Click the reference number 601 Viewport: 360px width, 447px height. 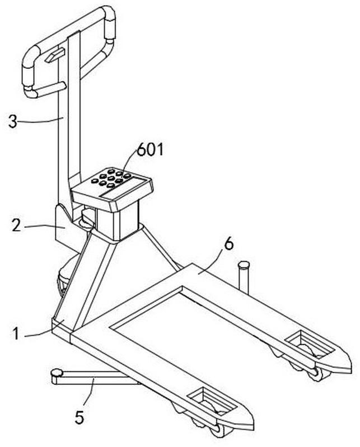[x=151, y=149]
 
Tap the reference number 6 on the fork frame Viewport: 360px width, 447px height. [x=229, y=244]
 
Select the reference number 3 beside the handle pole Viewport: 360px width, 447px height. [x=12, y=121]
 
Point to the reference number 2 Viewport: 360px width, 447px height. [x=16, y=225]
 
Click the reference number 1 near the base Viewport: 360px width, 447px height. [x=17, y=333]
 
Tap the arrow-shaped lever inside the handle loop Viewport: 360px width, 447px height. [x=54, y=55]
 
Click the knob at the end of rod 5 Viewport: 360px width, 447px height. [x=57, y=373]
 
